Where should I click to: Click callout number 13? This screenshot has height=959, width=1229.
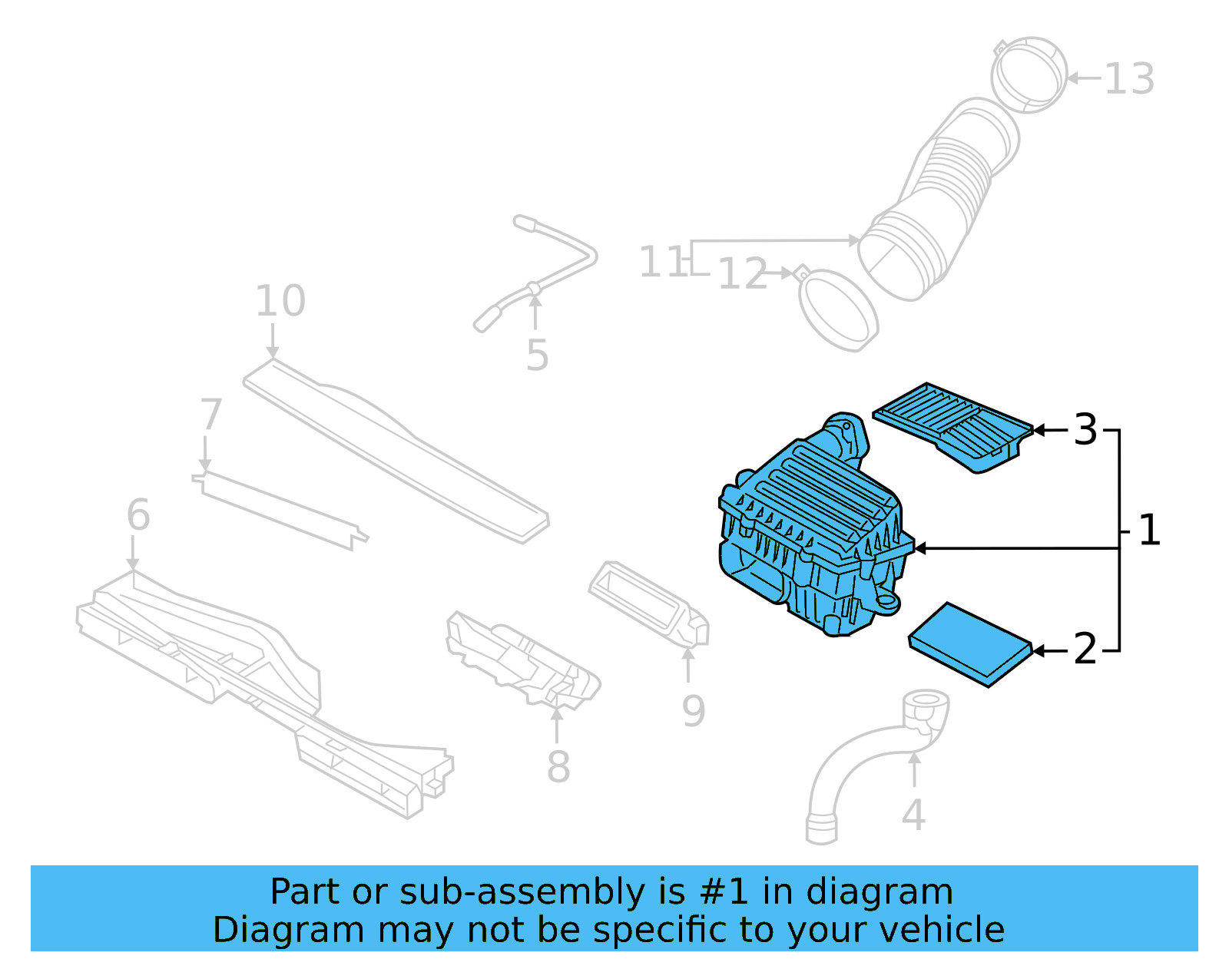pos(1129,79)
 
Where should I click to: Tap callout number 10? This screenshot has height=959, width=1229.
pos(280,300)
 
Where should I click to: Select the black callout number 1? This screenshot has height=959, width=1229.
pos(1148,531)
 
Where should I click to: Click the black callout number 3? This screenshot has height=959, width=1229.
pos(1085,429)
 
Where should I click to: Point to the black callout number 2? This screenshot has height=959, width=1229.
pos(1085,650)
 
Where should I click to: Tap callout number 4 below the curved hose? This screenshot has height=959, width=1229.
pos(913,815)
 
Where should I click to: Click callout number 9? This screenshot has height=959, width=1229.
pos(693,711)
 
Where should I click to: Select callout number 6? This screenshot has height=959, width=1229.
pos(138,514)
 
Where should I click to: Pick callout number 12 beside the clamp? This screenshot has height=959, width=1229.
pos(742,274)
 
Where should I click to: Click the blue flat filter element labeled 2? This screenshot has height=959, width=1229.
pos(969,643)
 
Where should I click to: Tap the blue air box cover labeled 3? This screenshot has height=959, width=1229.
pos(952,425)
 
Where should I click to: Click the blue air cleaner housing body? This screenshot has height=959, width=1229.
pos(814,537)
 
